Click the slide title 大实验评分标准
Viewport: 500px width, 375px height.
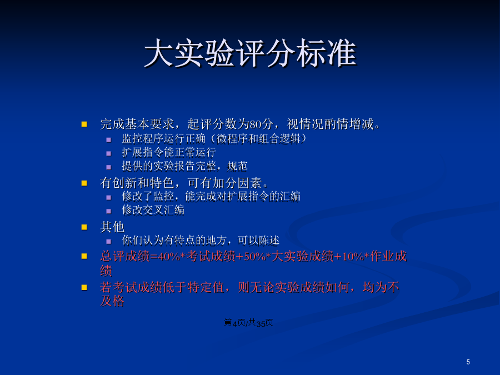(x=251, y=53)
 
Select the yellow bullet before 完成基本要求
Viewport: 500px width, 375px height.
(x=84, y=124)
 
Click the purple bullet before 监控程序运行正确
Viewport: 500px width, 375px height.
(x=109, y=139)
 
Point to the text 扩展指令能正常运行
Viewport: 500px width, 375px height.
(x=169, y=152)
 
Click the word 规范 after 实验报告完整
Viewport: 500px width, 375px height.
(x=238, y=166)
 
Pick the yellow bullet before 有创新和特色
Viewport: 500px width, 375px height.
(x=84, y=183)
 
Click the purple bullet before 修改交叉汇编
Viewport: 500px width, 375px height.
(x=109, y=211)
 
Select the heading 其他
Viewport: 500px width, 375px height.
(x=112, y=227)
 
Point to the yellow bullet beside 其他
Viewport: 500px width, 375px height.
(x=84, y=227)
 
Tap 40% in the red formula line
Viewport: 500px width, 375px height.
(x=169, y=256)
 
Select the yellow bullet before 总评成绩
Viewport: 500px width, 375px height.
(x=84, y=256)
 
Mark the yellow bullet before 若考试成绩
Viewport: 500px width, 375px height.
(x=84, y=287)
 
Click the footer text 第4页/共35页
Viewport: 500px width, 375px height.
(x=248, y=323)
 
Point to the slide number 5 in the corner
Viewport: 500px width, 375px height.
(x=468, y=362)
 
